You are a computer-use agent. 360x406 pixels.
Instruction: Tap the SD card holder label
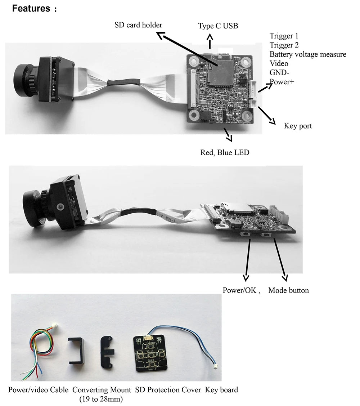pos(138,25)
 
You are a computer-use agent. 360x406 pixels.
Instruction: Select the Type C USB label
pos(218,26)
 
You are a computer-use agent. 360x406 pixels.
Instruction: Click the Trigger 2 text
pos(284,45)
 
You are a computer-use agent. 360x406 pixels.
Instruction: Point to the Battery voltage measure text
pos(308,54)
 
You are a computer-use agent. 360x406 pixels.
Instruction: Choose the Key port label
pos(298,126)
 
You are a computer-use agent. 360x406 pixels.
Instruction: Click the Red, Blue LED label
pos(225,152)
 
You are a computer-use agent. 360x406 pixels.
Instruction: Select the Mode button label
pos(288,290)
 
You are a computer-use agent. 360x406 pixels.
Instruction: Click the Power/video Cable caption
pos(38,390)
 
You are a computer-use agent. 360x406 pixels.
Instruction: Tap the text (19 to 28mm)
pos(101,399)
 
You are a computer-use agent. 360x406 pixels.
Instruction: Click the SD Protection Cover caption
pos(168,390)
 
